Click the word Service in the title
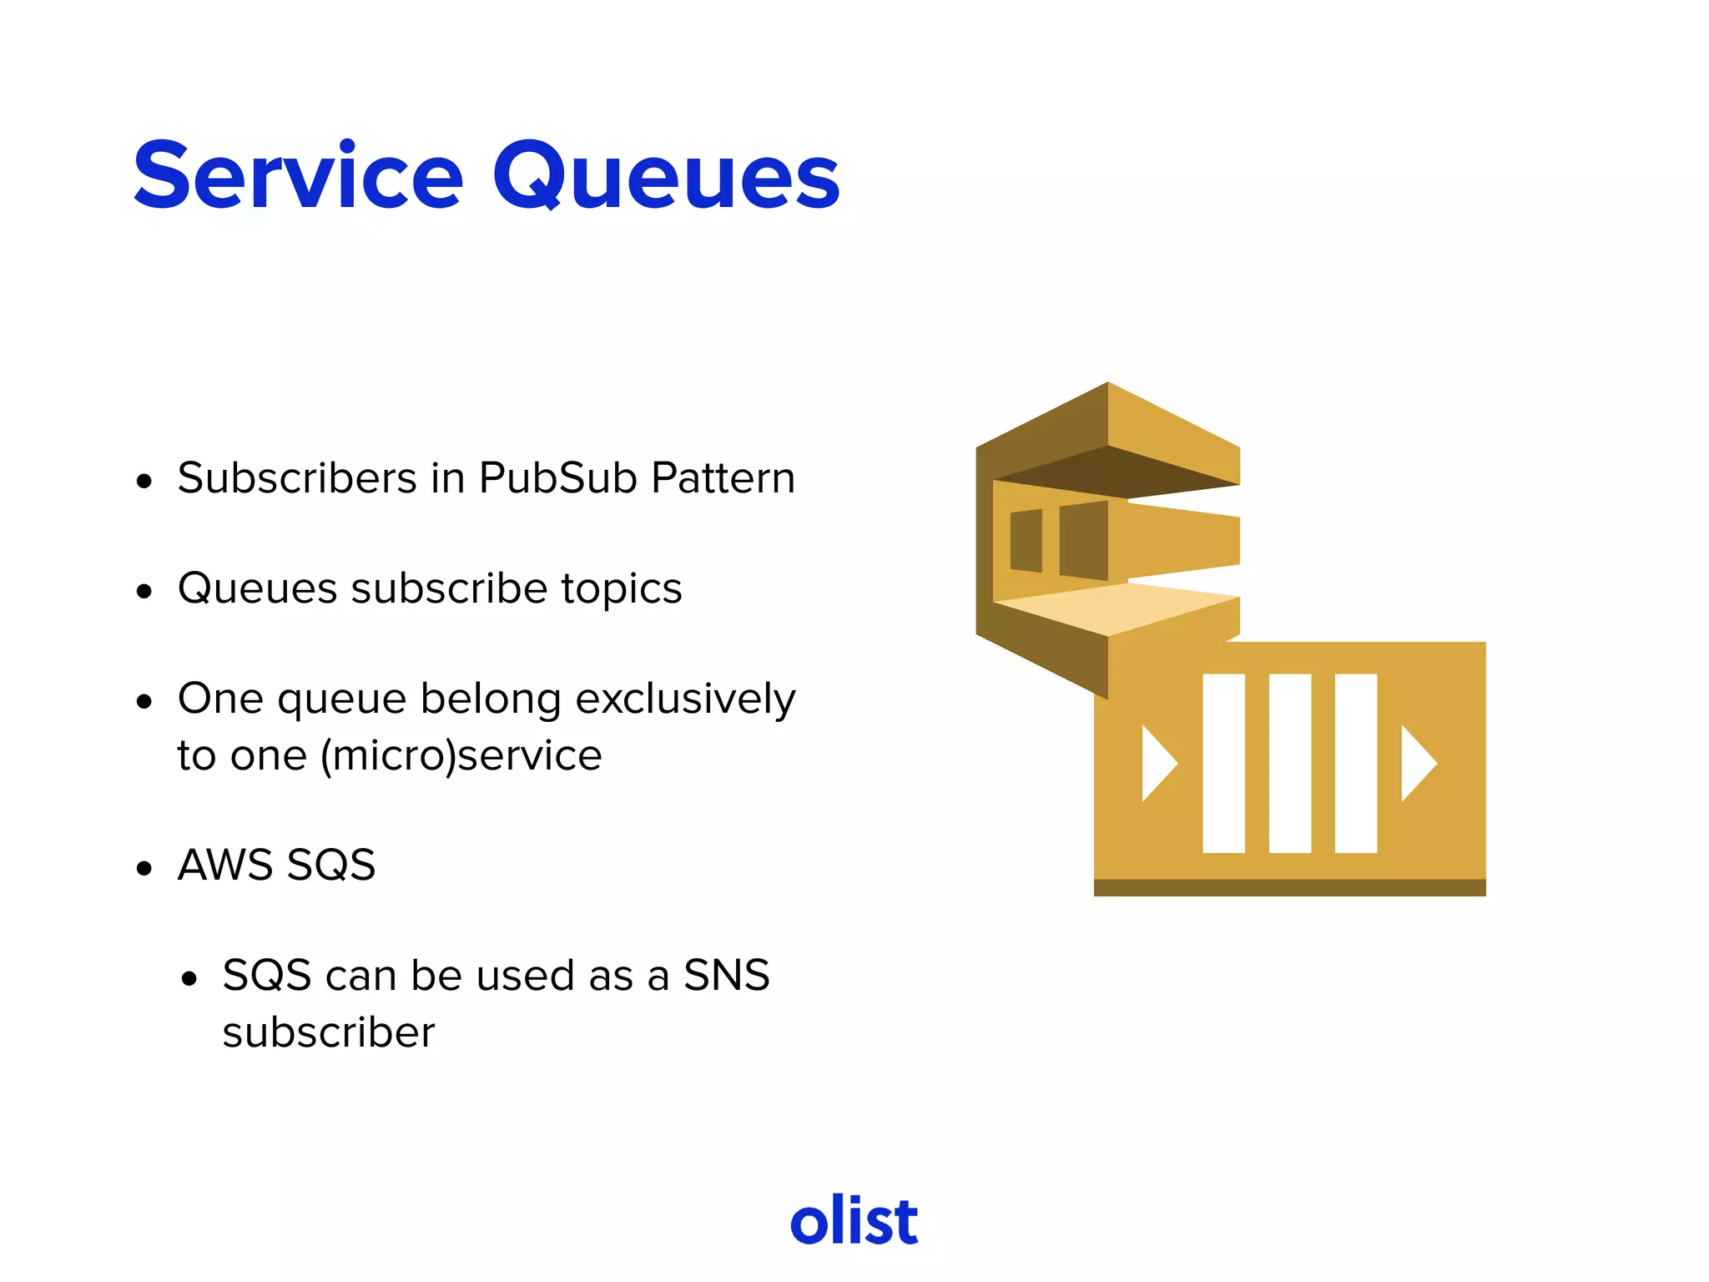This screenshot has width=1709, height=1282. [x=298, y=177]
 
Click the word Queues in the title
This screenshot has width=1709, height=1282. [x=665, y=177]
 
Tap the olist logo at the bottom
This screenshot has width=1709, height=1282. [x=854, y=1221]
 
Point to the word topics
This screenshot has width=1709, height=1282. [x=622, y=588]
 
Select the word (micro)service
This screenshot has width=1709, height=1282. [x=461, y=756]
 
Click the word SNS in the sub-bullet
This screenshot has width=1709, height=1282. [x=726, y=976]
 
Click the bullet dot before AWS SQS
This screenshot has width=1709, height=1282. [x=145, y=868]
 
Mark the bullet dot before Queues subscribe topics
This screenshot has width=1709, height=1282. [x=145, y=592]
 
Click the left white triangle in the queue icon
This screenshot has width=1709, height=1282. [x=1157, y=763]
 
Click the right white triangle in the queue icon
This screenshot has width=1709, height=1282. [x=1417, y=763]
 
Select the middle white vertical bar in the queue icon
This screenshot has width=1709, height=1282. [x=1289, y=763]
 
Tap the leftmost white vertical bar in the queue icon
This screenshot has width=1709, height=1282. [x=1223, y=763]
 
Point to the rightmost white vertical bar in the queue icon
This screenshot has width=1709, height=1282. [x=1355, y=763]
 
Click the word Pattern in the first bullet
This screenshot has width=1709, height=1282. [x=723, y=478]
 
